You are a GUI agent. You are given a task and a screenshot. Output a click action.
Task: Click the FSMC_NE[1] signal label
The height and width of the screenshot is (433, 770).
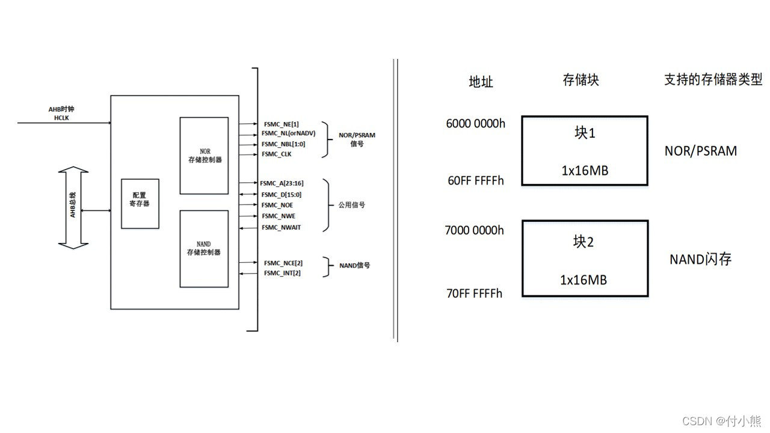(x=281, y=124)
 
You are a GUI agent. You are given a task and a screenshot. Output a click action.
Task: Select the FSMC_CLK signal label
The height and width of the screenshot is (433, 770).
(x=277, y=155)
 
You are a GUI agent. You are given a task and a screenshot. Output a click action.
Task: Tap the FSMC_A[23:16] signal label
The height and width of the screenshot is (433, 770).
(x=282, y=183)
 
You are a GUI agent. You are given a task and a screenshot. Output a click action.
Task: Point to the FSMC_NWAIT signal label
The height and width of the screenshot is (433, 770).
(x=281, y=227)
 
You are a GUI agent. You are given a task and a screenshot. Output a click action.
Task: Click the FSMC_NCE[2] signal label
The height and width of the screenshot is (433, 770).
(x=283, y=263)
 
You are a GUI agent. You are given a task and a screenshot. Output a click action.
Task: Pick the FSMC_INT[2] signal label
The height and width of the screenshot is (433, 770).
(x=282, y=273)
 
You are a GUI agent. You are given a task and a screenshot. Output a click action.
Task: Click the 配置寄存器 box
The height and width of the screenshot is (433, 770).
(x=140, y=203)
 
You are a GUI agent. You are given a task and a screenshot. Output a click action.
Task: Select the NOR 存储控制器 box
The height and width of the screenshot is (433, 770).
(x=204, y=155)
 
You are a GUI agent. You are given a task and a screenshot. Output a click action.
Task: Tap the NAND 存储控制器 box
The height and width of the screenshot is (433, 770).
(x=204, y=248)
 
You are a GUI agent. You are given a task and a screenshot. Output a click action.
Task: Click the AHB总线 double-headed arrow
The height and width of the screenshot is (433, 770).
(x=73, y=208)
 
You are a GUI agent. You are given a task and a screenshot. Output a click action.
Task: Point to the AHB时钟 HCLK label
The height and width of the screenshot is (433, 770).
(x=61, y=114)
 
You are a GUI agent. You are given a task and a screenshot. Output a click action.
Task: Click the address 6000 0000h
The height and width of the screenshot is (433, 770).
(x=475, y=124)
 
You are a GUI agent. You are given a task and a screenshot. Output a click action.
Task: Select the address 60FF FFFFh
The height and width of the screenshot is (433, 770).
(x=475, y=180)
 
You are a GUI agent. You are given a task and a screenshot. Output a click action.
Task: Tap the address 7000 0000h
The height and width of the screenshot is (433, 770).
(x=474, y=230)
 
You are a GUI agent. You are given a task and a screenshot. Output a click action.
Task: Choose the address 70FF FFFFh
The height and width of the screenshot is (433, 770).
(x=474, y=293)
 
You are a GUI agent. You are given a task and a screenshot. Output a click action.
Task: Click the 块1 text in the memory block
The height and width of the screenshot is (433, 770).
(x=584, y=133)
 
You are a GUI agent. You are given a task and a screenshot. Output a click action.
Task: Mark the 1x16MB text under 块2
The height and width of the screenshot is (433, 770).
(x=584, y=280)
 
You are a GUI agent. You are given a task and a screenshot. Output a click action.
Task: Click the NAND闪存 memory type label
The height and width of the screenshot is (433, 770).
(x=701, y=259)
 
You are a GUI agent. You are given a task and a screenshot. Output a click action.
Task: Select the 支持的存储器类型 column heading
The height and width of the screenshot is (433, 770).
(x=713, y=79)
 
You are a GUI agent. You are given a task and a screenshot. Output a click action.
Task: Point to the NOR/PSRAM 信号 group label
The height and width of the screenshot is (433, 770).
(x=357, y=140)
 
